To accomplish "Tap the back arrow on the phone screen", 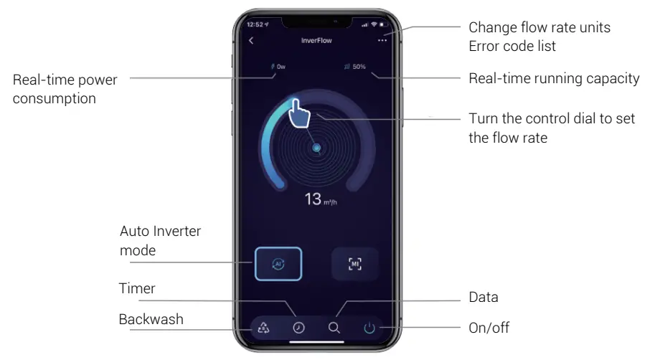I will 251,40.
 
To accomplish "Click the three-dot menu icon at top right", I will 382,40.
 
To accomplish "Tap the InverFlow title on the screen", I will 316,40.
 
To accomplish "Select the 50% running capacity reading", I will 355,67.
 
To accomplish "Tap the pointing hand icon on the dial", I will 299,113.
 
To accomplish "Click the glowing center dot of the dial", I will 316,148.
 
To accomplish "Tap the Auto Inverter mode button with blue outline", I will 278,264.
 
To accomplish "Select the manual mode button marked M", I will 354,264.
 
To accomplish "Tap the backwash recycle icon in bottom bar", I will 263,328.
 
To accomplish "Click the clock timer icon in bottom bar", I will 298,328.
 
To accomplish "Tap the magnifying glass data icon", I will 334,328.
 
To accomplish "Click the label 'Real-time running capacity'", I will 554,78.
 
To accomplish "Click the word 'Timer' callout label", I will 136,288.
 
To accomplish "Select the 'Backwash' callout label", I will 151,319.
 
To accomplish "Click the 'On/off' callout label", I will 489,327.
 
